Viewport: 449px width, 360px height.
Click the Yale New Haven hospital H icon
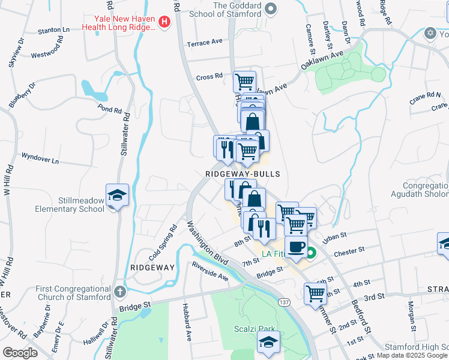pyautogui.click(x=164, y=23)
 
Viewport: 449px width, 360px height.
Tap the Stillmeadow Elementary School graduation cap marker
pyautogui.click(x=118, y=195)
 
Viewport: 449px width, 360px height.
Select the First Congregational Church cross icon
pyautogui.click(x=120, y=292)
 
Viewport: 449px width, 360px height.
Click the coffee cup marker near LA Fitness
pyautogui.click(x=296, y=247)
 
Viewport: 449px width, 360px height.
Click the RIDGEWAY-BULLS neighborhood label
pyautogui.click(x=243, y=173)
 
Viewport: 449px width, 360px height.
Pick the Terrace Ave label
pyautogui.click(x=205, y=43)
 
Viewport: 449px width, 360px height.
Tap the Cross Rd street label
pyautogui.click(x=209, y=77)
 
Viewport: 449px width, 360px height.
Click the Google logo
pyautogui.click(x=20, y=353)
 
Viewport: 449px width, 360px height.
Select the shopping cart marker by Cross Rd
pyautogui.click(x=244, y=82)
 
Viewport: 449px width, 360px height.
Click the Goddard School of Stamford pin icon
pyautogui.click(x=271, y=8)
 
